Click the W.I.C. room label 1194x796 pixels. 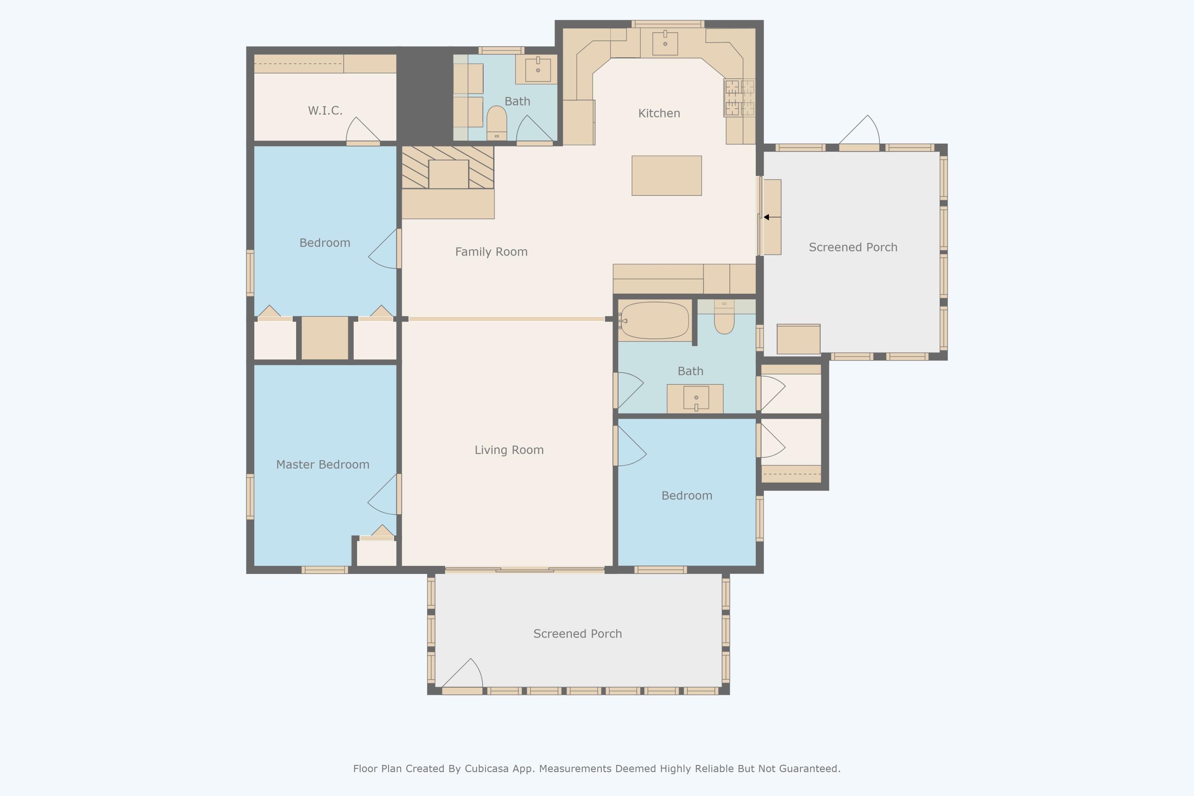325,111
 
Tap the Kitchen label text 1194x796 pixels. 659,113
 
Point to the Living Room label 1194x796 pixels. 509,450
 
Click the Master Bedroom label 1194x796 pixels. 323,464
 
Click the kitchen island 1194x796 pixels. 667,176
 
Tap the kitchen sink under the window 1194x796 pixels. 665,43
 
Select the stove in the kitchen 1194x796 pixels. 739,98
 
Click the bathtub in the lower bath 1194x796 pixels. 654,320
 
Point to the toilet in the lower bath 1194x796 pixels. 724,317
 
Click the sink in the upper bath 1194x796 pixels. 538,70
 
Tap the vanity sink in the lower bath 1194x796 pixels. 696,398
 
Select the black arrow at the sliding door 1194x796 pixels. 772,217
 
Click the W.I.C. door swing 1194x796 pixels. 363,131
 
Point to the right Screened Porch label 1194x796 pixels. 853,247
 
